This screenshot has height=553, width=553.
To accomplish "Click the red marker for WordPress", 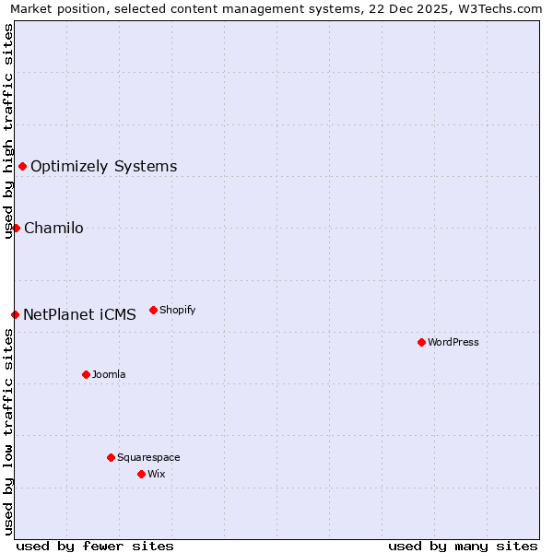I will [421, 342].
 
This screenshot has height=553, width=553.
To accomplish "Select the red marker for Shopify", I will [153, 310].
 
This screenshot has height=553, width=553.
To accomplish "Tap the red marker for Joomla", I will [86, 374].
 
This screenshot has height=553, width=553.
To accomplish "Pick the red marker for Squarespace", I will [111, 457].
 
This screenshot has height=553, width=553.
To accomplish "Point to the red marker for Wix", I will [141, 474].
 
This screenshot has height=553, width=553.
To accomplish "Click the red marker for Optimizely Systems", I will [22, 166].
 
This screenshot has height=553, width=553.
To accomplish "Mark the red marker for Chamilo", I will [16, 228].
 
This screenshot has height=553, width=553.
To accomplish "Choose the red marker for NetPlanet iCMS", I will [15, 314].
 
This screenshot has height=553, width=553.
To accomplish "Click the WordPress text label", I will [453, 342].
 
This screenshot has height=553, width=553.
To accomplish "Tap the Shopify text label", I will [178, 310].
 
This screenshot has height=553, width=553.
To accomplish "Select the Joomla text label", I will [109, 374].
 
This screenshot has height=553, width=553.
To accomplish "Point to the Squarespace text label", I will [148, 457].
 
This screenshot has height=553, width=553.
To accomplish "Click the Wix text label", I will [157, 474].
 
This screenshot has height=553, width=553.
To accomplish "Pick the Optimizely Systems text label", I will [104, 167].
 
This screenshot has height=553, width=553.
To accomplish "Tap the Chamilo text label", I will [53, 229].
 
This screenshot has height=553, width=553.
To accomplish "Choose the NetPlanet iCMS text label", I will [79, 314].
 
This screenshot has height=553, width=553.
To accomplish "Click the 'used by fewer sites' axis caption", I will [95, 546].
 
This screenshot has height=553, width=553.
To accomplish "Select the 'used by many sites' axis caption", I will [463, 546].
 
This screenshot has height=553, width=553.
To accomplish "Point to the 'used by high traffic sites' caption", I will [9, 131].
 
